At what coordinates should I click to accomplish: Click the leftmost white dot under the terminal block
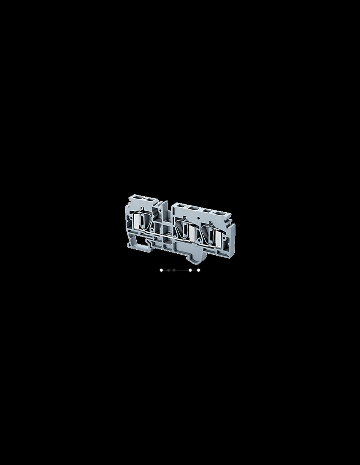[x=161, y=270]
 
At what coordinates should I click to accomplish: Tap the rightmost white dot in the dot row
[x=199, y=270]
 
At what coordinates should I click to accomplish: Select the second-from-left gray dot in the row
[x=169, y=270]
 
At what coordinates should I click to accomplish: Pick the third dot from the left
[x=174, y=270]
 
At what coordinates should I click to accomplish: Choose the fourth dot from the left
[x=190, y=270]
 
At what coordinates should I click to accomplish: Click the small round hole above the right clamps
[x=199, y=218]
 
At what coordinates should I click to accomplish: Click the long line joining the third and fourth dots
[x=182, y=270]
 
